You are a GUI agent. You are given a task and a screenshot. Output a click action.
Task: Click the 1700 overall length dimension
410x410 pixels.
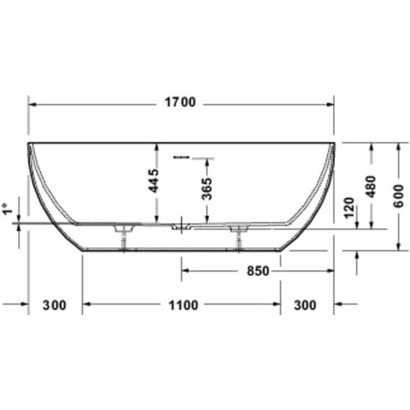pyautogui.click(x=180, y=102)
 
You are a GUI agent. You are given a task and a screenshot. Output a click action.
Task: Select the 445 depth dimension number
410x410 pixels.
pyautogui.click(x=154, y=181)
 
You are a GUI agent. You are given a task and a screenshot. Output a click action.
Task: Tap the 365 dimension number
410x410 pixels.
pyautogui.click(x=207, y=189)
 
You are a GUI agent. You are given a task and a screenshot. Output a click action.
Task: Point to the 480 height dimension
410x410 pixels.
pyautogui.click(x=371, y=187)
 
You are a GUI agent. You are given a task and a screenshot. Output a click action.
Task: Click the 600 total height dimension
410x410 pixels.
pyautogui.click(x=399, y=196)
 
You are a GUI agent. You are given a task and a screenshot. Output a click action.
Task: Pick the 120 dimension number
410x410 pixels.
pyautogui.click(x=348, y=208)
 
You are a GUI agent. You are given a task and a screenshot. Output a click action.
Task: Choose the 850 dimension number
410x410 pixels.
pyautogui.click(x=258, y=271)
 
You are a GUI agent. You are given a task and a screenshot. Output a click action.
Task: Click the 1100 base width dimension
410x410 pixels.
pyautogui.click(x=183, y=305)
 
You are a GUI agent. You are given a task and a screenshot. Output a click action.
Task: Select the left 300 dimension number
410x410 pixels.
pyautogui.click(x=55, y=305)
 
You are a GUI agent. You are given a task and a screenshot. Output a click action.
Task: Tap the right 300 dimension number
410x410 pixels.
pyautogui.click(x=305, y=305)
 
